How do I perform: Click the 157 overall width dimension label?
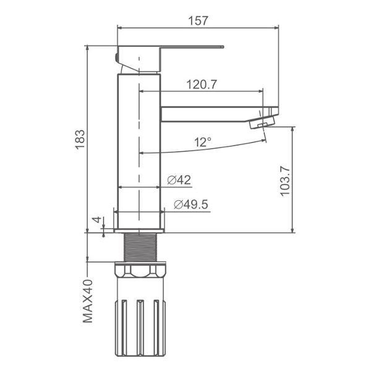(x=198, y=20)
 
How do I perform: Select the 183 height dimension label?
(x=80, y=139)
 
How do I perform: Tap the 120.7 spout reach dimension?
(x=202, y=85)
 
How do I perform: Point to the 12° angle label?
(x=203, y=142)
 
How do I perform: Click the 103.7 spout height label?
(x=285, y=181)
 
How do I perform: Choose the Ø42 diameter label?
(x=179, y=180)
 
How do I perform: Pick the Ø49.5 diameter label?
(x=191, y=205)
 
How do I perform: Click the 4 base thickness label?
(x=97, y=220)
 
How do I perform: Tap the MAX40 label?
(x=88, y=301)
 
